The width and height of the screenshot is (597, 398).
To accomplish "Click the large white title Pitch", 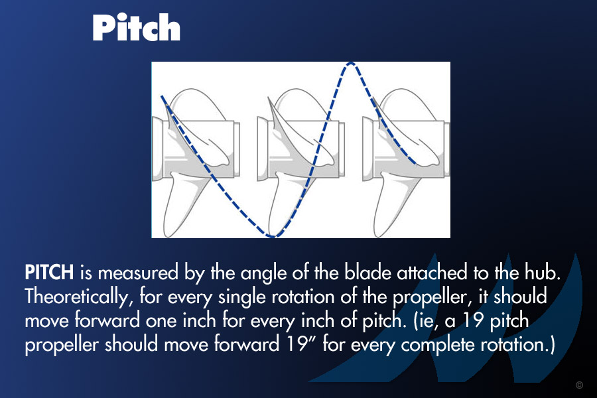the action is pyautogui.click(x=136, y=27).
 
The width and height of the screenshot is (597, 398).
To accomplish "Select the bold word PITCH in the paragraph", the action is pyautogui.click(x=49, y=273).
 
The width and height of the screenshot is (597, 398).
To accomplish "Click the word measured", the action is pyautogui.click(x=138, y=273).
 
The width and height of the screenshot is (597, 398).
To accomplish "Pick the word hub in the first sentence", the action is pyautogui.click(x=542, y=273).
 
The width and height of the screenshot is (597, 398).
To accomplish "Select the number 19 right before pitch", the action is pyautogui.click(x=472, y=321).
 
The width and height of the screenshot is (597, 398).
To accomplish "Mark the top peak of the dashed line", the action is pyautogui.click(x=351, y=64).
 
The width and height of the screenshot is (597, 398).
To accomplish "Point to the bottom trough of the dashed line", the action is pyautogui.click(x=273, y=236).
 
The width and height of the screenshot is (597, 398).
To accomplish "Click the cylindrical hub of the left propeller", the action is pyautogui.click(x=196, y=149).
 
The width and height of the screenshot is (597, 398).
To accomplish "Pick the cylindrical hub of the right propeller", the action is pyautogui.click(x=406, y=149).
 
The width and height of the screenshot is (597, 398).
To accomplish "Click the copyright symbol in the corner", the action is pyautogui.click(x=580, y=385).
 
